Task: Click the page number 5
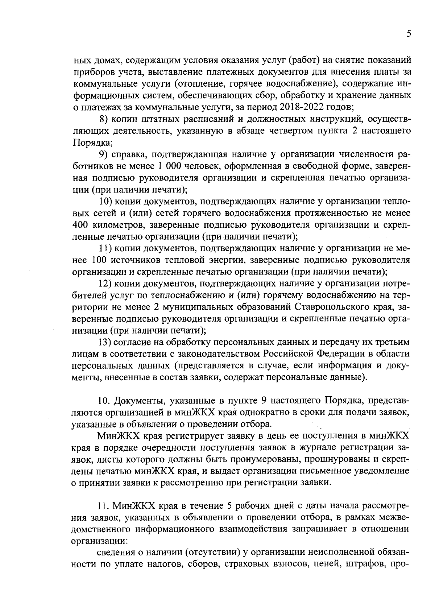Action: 409,34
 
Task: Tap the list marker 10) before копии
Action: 107,201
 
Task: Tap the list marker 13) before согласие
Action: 107,342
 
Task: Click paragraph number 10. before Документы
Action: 105,401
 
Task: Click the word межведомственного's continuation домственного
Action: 100,530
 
